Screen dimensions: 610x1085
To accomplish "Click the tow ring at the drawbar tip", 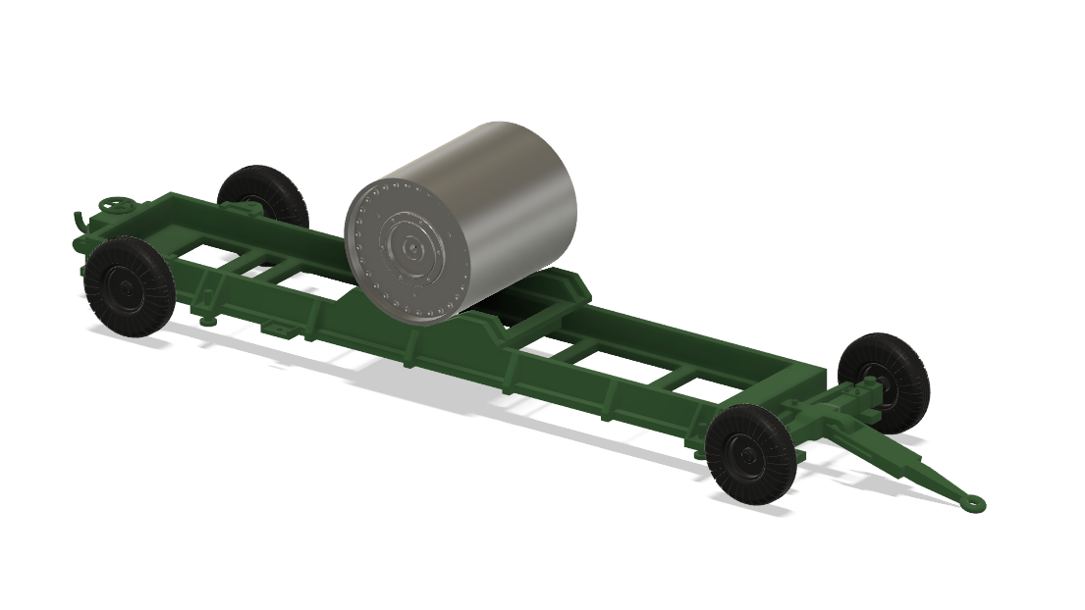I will [x=973, y=503].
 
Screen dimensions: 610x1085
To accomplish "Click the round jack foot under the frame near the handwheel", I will [x=207, y=321].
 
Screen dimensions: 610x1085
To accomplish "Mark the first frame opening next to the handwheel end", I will [x=211, y=258].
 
